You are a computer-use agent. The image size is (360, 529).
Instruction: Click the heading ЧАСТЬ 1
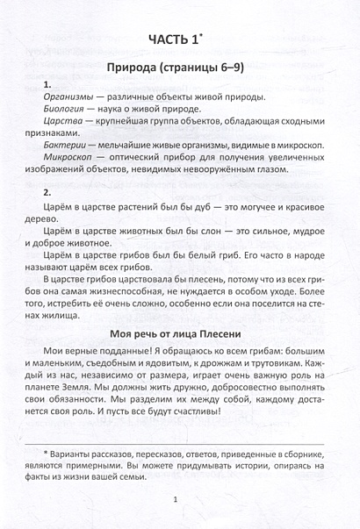click(176, 39)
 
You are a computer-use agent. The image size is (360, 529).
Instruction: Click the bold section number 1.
click(46, 83)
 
